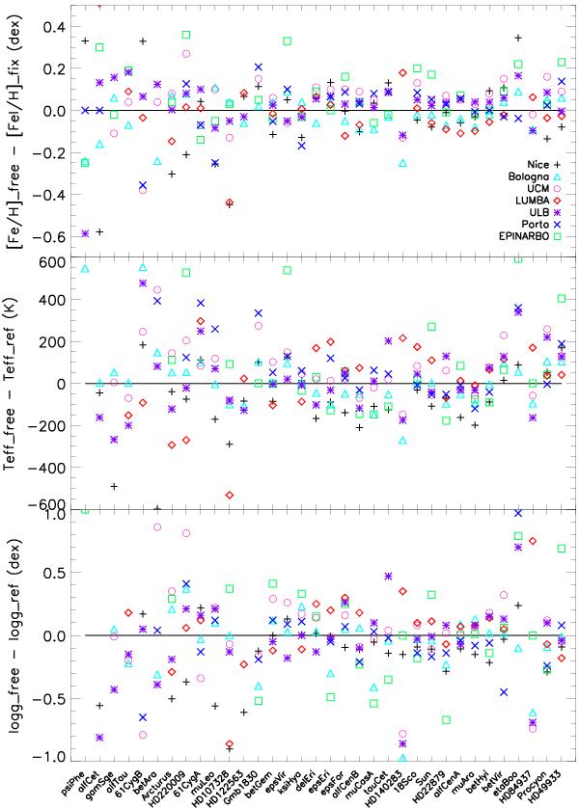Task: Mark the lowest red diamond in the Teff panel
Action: coord(229,495)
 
